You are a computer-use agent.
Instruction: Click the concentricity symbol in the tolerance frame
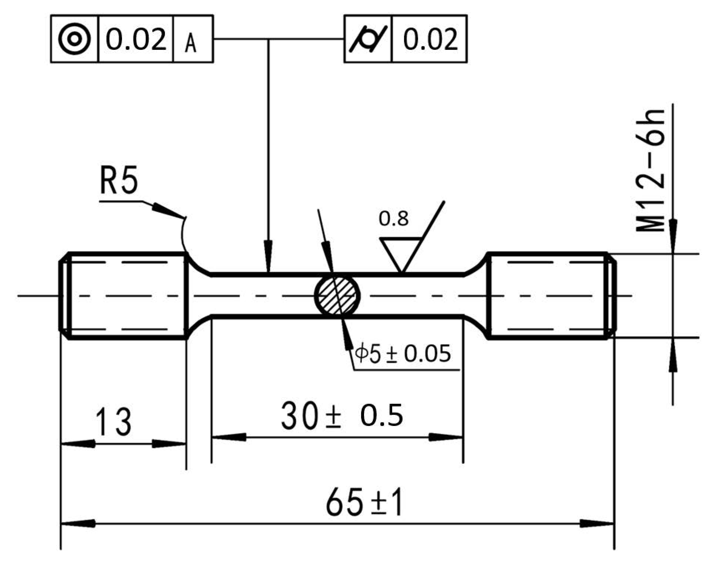tap(75, 39)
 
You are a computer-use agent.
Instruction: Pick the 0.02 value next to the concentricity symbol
tap(136, 39)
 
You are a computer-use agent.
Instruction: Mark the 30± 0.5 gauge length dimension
tap(342, 416)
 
